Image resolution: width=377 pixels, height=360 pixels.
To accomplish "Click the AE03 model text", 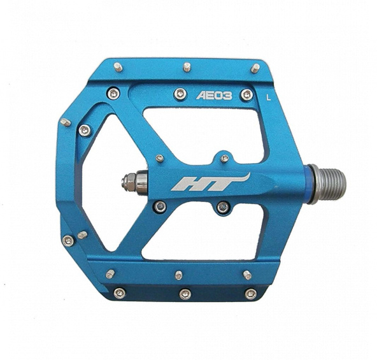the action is (x=214, y=96).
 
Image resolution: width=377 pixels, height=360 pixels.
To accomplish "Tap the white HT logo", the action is (x=211, y=182).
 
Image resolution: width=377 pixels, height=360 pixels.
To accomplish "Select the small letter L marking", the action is (x=269, y=97).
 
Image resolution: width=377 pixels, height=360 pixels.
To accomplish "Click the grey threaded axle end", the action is (x=330, y=185).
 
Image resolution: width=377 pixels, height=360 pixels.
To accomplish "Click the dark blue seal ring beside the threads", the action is (x=309, y=184).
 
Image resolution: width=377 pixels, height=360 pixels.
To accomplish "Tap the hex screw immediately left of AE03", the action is (x=180, y=94).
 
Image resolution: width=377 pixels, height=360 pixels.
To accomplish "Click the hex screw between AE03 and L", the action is (x=247, y=96).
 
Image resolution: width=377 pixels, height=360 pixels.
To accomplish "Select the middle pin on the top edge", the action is (x=187, y=67).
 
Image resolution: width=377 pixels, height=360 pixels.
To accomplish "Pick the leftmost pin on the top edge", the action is (x=118, y=67).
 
